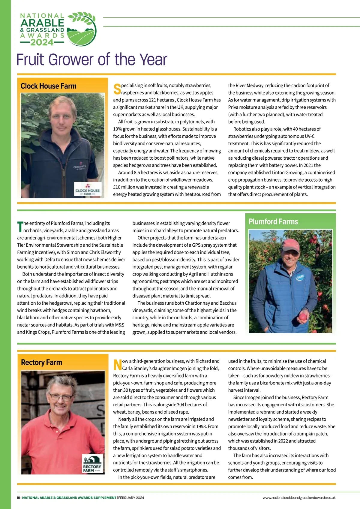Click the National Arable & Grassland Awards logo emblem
click(x=82, y=29)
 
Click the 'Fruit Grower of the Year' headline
click(x=91, y=59)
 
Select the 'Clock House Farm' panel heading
click(x=49, y=86)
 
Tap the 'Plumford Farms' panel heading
click(x=273, y=222)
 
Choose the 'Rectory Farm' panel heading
click(x=41, y=363)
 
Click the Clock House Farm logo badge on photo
click(x=88, y=190)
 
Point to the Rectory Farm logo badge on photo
click(x=93, y=464)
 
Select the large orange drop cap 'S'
click(x=117, y=89)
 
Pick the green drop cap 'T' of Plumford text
click(x=20, y=227)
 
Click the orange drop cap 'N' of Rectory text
click(x=117, y=365)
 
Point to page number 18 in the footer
click(x=19, y=498)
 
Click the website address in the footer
click(x=299, y=498)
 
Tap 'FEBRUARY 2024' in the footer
click(x=131, y=498)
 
